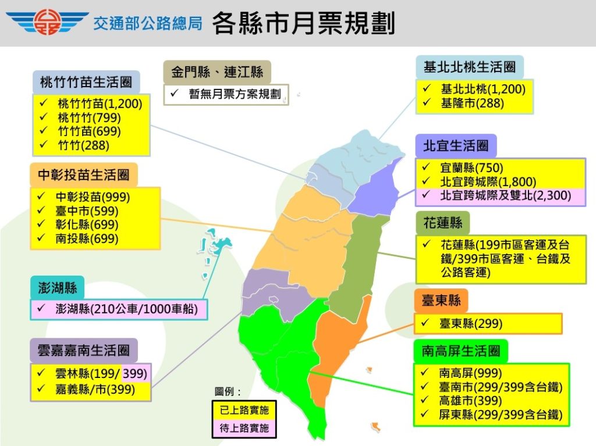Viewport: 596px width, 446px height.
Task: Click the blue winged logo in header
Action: pyautogui.click(x=47, y=23)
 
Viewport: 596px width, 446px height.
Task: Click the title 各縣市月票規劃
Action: pyautogui.click(x=303, y=23)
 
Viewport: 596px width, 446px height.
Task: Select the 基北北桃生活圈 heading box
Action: pyautogui.click(x=470, y=67)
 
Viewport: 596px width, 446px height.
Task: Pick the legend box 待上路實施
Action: pyautogui.click(x=244, y=429)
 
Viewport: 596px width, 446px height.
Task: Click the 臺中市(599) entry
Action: pyautogui.click(x=87, y=211)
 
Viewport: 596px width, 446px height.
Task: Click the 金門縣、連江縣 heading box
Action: pyautogui.click(x=217, y=73)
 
